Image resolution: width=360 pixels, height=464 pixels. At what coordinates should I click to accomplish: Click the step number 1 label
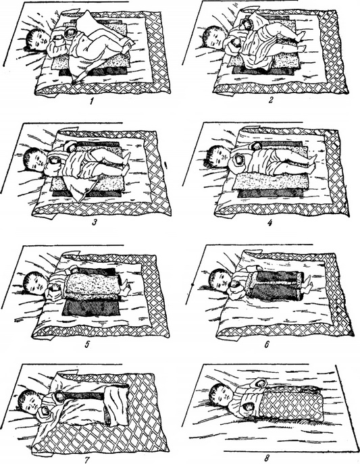[x=92, y=102]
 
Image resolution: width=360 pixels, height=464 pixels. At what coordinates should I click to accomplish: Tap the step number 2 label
[x=270, y=100]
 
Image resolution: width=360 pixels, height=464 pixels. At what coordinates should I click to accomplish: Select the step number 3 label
[x=95, y=222]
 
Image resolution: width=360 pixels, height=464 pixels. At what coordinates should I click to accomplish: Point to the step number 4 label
[x=269, y=222]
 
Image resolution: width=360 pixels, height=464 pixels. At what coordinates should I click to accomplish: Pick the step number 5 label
[x=86, y=344]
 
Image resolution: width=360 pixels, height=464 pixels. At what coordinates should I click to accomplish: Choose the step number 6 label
[x=267, y=344]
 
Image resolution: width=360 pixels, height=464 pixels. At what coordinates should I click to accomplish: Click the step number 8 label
[x=267, y=459]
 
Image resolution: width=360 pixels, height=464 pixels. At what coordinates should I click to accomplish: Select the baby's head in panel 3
[x=35, y=160]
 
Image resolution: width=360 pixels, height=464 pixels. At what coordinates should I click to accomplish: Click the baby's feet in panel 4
[x=311, y=164]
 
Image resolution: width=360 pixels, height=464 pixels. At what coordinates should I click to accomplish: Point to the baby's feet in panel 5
[x=126, y=286]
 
